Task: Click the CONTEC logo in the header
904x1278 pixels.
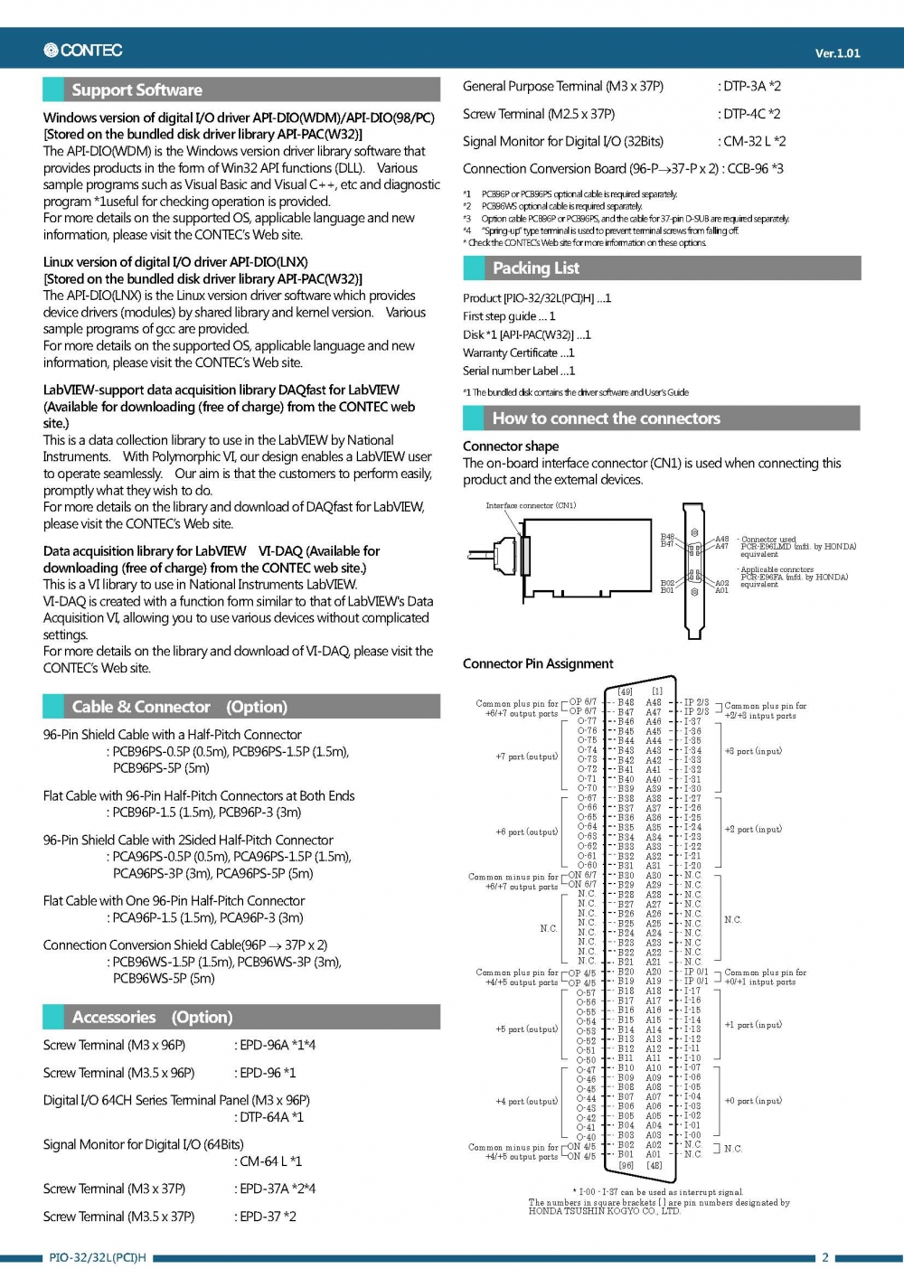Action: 83,51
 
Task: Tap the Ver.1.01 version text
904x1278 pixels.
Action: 837,53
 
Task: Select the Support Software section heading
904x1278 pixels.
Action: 137,89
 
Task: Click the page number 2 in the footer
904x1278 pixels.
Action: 824,1257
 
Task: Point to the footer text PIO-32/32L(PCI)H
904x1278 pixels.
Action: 98,1257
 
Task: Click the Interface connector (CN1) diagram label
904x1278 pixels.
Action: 531,505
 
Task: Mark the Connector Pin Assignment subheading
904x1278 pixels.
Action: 538,663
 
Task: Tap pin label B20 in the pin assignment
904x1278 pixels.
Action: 626,972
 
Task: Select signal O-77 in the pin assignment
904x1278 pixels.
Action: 588,720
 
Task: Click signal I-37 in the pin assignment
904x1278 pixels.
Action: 692,720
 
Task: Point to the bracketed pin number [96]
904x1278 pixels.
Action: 626,1165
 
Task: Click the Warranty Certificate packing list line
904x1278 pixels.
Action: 518,352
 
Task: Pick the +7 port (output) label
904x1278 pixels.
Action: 527,756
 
